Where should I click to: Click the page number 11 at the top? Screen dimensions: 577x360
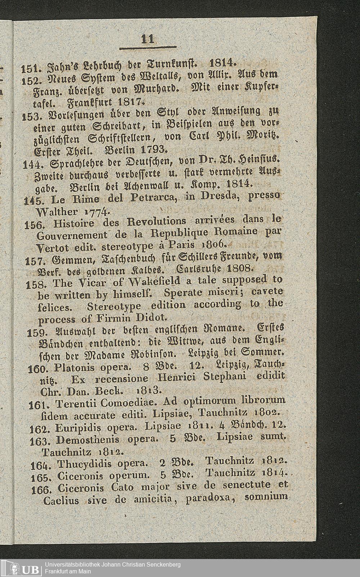[148, 39]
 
